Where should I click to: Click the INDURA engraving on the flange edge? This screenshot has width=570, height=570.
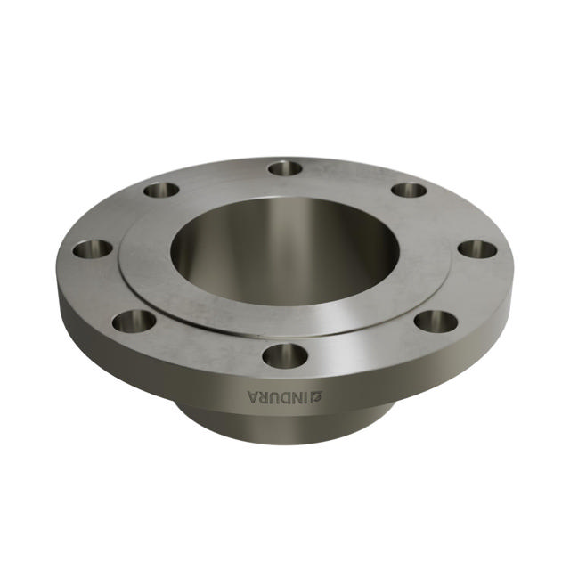pos(285,396)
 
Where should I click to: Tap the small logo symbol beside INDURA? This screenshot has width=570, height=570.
pos(319,396)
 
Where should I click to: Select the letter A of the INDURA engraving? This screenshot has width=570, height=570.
pos(253,396)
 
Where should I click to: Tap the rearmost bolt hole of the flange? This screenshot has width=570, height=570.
pos(285,168)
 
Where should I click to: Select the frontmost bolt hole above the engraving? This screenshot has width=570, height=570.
pos(285,355)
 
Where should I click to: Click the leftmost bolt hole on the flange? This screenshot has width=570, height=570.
pos(93,249)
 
